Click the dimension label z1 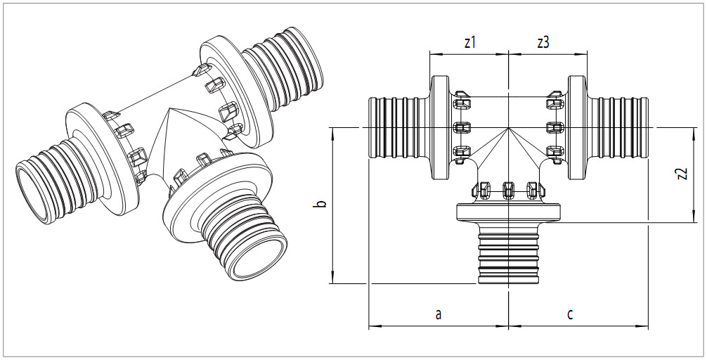coord(470,42)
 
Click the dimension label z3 coord(543,42)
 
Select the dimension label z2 coord(681,175)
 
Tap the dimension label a coord(438,314)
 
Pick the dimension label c coord(570,314)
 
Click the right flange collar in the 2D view coord(578,128)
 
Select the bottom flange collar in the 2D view coord(508,212)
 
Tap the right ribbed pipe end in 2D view coord(621,128)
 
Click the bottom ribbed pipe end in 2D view coord(508,256)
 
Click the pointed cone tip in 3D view coord(171,112)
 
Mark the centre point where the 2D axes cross coord(508,128)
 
